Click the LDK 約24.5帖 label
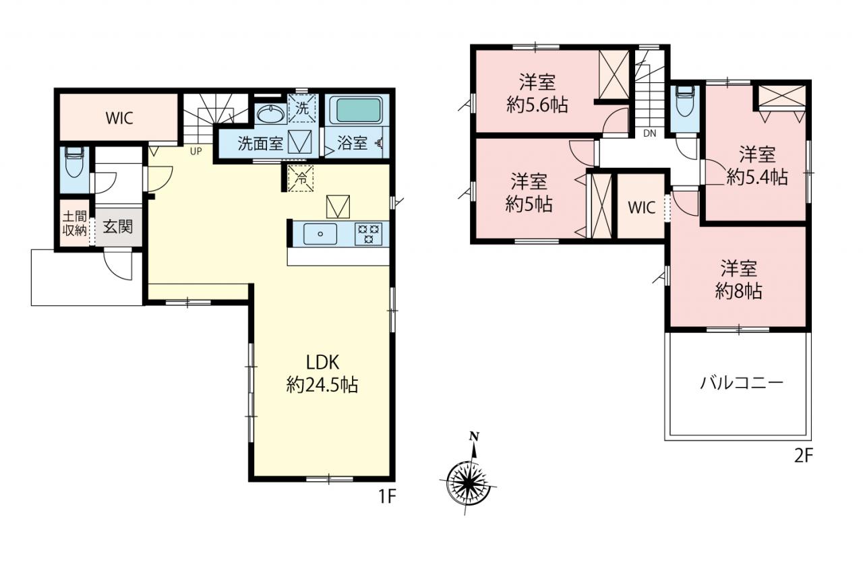point(322,373)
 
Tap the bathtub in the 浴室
point(359,110)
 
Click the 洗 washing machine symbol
point(302,109)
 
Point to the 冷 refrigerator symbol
point(300,178)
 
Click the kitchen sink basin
point(320,234)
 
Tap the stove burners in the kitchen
point(369,234)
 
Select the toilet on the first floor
point(74,162)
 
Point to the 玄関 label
point(118,227)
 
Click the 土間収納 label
point(74,223)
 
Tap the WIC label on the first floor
point(119,118)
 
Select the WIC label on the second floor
point(641,208)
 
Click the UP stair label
point(196,151)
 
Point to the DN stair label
point(649,133)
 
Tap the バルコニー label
point(742,383)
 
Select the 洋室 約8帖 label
point(738,280)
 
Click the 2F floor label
point(803,456)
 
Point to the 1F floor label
point(387,497)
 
